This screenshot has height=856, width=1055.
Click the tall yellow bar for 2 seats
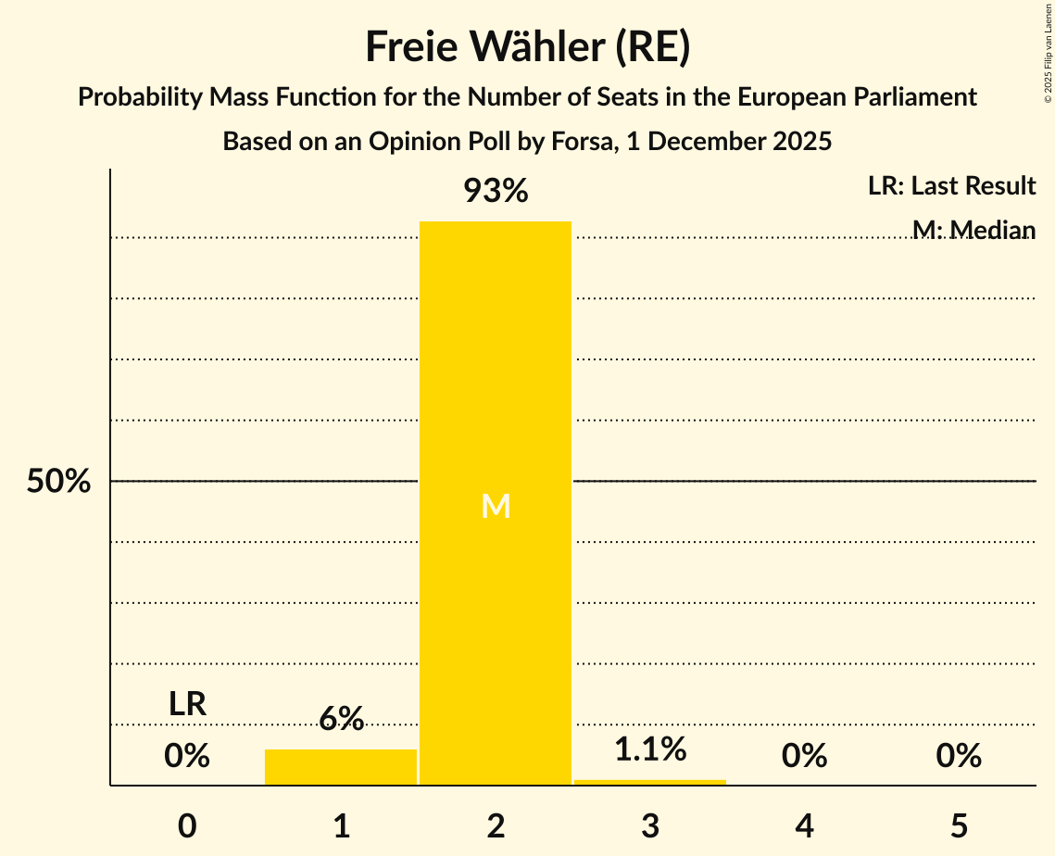496,371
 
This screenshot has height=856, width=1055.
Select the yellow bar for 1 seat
341,767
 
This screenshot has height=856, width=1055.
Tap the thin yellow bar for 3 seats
650,783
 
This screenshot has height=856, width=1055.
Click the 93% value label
496,192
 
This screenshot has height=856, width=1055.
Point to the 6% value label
341,719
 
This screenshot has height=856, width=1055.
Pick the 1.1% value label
650,749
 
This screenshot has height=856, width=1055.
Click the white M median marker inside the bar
496,506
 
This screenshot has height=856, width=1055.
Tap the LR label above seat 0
187,704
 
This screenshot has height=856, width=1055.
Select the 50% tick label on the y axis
58,482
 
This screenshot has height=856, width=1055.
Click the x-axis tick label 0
187,825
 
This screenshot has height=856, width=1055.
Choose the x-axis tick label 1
341,825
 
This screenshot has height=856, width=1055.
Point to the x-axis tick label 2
496,825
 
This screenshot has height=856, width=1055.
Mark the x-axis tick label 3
650,825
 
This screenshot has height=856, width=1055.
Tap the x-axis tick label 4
804,825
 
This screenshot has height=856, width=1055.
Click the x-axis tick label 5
959,825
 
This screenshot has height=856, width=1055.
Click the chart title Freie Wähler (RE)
527,47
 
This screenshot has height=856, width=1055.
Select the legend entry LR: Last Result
951,186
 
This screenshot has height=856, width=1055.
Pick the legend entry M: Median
973,230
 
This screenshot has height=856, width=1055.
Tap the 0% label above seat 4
804,756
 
